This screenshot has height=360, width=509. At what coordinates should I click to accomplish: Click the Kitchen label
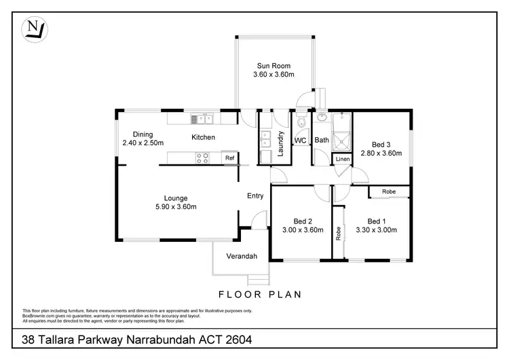(203, 137)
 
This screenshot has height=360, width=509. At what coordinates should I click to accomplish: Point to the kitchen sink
(202, 120)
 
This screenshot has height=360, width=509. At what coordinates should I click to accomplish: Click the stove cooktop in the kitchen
(202, 158)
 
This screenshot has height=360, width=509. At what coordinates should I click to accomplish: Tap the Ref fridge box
(230, 158)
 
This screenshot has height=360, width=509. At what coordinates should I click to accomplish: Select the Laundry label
(280, 143)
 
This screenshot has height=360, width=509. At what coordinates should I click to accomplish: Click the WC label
(300, 141)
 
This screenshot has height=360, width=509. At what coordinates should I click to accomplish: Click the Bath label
(322, 141)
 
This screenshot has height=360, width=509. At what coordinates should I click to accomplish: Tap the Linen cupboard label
(343, 159)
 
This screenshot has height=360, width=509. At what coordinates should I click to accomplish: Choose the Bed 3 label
(381, 144)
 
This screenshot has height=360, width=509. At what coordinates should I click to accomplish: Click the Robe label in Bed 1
(388, 192)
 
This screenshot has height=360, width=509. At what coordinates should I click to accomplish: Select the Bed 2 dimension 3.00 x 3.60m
(302, 230)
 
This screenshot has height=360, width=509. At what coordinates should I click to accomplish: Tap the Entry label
(255, 196)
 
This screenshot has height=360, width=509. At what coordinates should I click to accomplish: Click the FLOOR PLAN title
(260, 294)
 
